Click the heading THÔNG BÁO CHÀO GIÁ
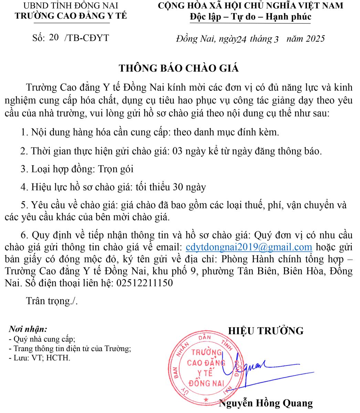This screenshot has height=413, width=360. point(179,68)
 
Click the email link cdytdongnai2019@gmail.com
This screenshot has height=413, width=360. point(248,247)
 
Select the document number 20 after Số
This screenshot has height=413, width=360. point(54,38)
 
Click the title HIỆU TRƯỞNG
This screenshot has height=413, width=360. point(266,331)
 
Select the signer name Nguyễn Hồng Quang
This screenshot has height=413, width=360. point(266,403)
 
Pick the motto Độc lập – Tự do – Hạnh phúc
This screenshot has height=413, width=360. point(250,17)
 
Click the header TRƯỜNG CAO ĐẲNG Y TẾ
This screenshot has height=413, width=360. point(71,16)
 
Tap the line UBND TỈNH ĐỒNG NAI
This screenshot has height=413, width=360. point(71,6)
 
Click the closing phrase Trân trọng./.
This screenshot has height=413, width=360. point(52,301)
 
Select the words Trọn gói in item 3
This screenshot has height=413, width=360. point(116,169)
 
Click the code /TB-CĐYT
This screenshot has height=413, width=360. point(86,38)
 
